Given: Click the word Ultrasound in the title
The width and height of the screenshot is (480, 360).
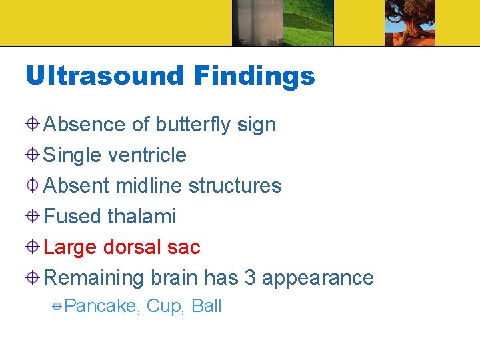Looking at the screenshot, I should click(104, 76).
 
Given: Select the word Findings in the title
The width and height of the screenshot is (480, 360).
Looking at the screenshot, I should click(254, 76).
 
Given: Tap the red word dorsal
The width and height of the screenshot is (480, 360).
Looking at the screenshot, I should click(133, 247).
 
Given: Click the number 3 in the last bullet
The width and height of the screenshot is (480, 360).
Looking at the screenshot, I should click(250, 277).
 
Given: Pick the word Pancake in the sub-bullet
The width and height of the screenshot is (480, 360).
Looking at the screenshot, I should click(102, 307).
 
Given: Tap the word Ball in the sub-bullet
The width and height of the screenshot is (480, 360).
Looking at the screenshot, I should click(206, 306).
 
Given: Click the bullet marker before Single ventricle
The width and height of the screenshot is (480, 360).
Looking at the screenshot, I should click(33, 155).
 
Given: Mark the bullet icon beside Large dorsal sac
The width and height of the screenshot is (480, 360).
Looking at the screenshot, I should click(33, 247).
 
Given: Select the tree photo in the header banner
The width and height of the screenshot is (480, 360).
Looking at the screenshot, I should click(409, 23).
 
